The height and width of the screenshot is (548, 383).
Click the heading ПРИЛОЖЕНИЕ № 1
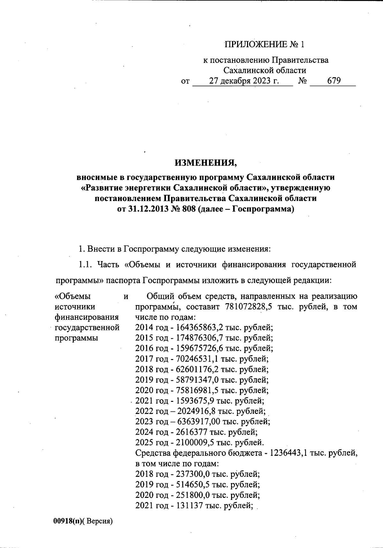coord(265,44)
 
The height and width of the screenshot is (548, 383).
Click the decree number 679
coord(334,81)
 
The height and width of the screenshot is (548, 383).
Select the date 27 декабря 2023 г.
coord(244,81)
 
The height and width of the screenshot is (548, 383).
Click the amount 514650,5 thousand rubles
coord(193,484)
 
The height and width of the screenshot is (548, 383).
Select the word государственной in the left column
coord(87,328)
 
